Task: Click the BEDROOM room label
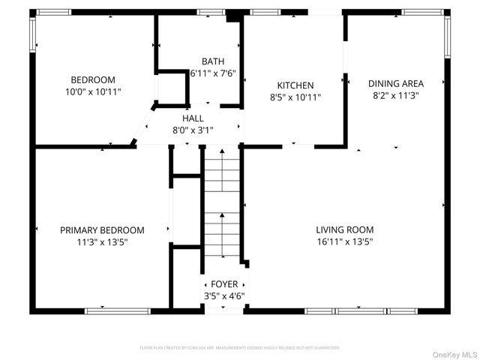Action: point(93,80)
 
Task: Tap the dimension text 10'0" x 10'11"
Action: point(93,91)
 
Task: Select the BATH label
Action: point(212,61)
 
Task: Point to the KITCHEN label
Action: point(295,85)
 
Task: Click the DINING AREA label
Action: point(396,83)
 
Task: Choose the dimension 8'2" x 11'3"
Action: point(396,95)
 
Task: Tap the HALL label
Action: point(193,118)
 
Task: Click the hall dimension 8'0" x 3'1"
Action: point(193,129)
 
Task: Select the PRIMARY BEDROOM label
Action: point(102,230)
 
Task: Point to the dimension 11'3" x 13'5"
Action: point(102,241)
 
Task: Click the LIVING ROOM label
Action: point(344,229)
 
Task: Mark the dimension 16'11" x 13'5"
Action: point(344,241)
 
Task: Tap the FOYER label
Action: point(224,284)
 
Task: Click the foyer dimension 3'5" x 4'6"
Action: point(224,295)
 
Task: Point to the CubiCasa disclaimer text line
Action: point(240,348)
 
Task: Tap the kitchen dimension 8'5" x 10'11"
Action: point(295,97)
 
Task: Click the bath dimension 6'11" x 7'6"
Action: point(212,73)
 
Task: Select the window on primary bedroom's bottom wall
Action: point(107,310)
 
